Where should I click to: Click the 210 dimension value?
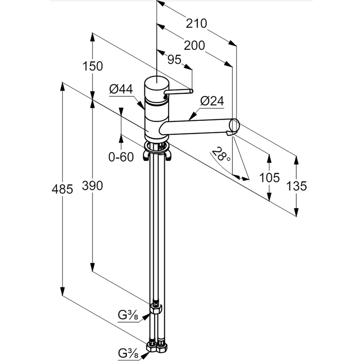coord(197,24)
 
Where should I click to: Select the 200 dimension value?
coord(194,46)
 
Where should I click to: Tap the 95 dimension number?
coord(174,60)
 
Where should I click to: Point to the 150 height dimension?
coord(93,66)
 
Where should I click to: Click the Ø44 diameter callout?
coord(121,89)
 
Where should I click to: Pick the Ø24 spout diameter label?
coord(212,101)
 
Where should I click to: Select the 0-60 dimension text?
coord(121,157)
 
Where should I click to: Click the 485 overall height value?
coord(62,189)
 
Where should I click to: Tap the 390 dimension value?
coord(93,186)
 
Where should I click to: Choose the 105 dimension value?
coord(269,177)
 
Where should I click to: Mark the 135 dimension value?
coord(296,186)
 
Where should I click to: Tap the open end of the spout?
coord(234,125)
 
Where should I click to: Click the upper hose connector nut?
coord(156,308)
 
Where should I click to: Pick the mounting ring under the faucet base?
coord(156,147)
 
